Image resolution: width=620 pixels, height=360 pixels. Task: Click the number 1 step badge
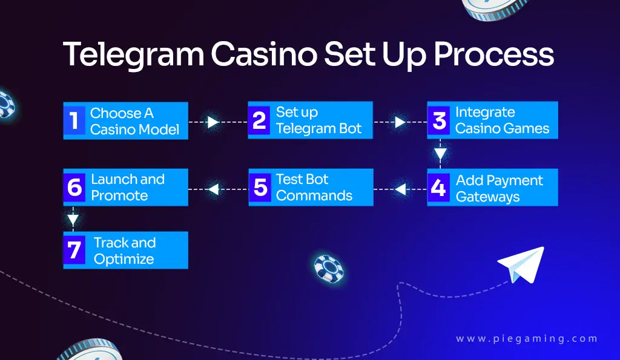[x=74, y=120]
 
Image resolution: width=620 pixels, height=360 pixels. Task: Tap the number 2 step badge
[x=260, y=120]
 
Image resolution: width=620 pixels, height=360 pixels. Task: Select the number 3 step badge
[x=439, y=120]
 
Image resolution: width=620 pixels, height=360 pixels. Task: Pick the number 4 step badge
[x=439, y=188]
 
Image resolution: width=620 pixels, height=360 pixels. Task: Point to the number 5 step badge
[x=260, y=188]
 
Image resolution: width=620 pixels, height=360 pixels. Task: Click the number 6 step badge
[x=74, y=188]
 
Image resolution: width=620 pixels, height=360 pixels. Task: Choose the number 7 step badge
[x=74, y=250]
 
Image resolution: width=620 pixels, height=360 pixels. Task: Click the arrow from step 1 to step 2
[x=213, y=122]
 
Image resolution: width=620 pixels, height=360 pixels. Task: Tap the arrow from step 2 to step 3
[x=400, y=122]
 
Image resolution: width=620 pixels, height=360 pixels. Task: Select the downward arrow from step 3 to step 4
[x=441, y=153]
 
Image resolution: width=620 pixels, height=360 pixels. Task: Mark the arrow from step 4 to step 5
[x=400, y=189]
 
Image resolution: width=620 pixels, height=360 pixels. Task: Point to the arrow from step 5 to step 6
[x=213, y=189]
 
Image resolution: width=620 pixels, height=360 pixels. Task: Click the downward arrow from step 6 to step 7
[x=73, y=218]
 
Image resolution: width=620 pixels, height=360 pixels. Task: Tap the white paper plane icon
[x=520, y=264]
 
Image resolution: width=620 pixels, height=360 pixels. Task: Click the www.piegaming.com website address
[x=527, y=339]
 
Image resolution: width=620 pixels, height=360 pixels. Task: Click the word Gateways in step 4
[x=487, y=197]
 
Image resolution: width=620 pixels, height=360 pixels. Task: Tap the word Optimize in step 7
[x=124, y=259]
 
